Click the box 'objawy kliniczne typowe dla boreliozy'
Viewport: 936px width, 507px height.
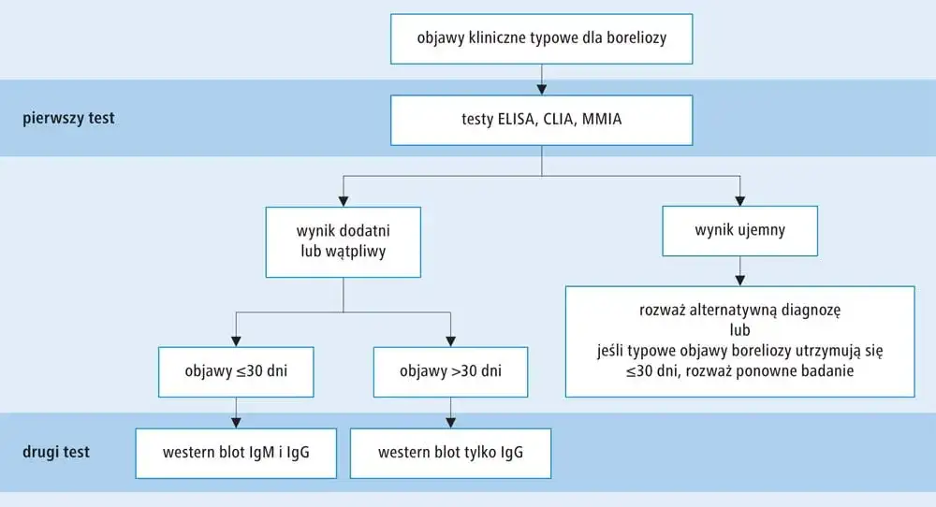click(542, 38)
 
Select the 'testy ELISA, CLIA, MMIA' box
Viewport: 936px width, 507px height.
click(542, 119)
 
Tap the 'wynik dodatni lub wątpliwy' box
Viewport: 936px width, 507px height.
click(344, 240)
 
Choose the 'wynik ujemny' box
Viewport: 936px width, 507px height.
click(739, 228)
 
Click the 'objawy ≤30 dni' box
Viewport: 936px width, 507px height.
click(236, 371)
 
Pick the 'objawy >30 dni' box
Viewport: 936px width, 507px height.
click(452, 371)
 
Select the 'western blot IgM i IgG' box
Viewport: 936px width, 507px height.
click(236, 453)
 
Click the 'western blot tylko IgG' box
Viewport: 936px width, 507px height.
click(450, 453)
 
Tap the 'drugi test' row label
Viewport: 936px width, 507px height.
click(58, 453)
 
